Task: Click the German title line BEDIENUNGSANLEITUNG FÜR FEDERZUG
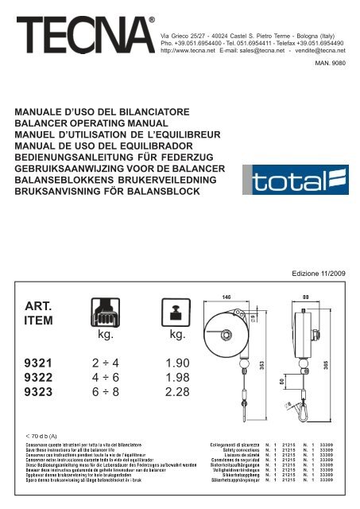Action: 118,167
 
